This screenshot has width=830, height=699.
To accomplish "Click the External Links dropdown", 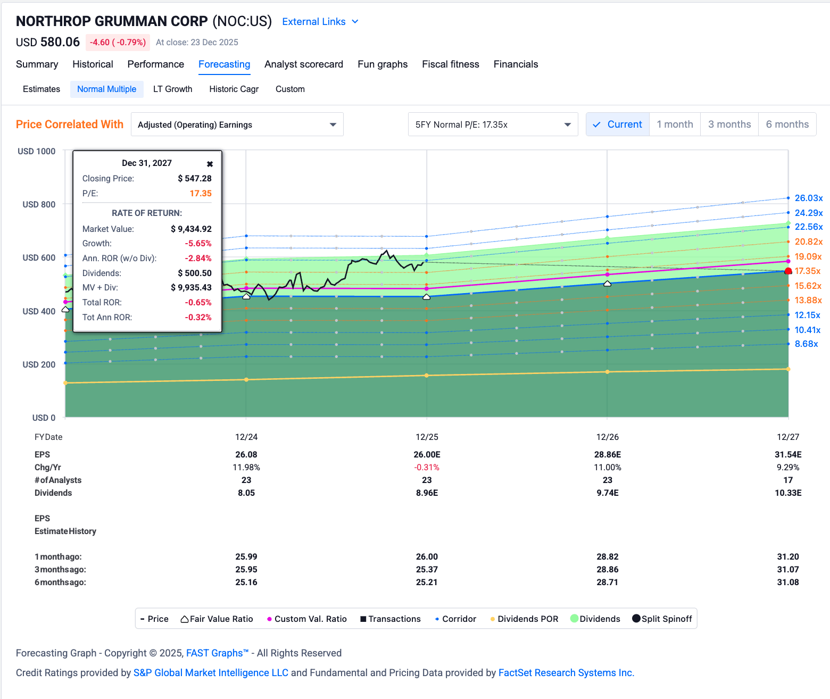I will pyautogui.click(x=320, y=22).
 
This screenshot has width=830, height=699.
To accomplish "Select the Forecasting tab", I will pyautogui.click(x=224, y=64).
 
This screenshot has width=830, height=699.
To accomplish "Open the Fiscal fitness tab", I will pyautogui.click(x=450, y=64).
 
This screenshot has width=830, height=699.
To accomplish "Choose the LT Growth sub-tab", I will pyautogui.click(x=172, y=89).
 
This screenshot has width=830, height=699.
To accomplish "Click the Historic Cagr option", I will pyautogui.click(x=234, y=89).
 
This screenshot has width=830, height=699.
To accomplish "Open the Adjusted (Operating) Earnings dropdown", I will pyautogui.click(x=237, y=124).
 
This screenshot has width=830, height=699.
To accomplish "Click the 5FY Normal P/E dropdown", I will pyautogui.click(x=493, y=124).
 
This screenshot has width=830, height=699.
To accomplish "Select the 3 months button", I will pyautogui.click(x=729, y=124).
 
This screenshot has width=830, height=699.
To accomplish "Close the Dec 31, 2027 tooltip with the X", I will pyautogui.click(x=210, y=164).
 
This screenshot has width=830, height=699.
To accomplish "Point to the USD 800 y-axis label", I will pyautogui.click(x=39, y=204).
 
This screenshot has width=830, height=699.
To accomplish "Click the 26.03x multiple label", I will pyautogui.click(x=808, y=198).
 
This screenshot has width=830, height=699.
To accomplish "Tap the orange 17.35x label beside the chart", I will pyautogui.click(x=807, y=271).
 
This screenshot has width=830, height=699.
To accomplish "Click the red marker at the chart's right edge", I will pyautogui.click(x=788, y=271).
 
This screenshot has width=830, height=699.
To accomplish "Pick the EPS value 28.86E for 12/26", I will pyautogui.click(x=607, y=455).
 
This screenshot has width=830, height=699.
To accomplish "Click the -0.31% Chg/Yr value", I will pyautogui.click(x=427, y=468).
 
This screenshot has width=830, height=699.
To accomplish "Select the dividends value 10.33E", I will pyautogui.click(x=787, y=493).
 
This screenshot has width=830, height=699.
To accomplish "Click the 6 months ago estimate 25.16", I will pyautogui.click(x=246, y=583).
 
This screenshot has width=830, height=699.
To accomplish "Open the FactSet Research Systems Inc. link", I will pyautogui.click(x=566, y=673).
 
